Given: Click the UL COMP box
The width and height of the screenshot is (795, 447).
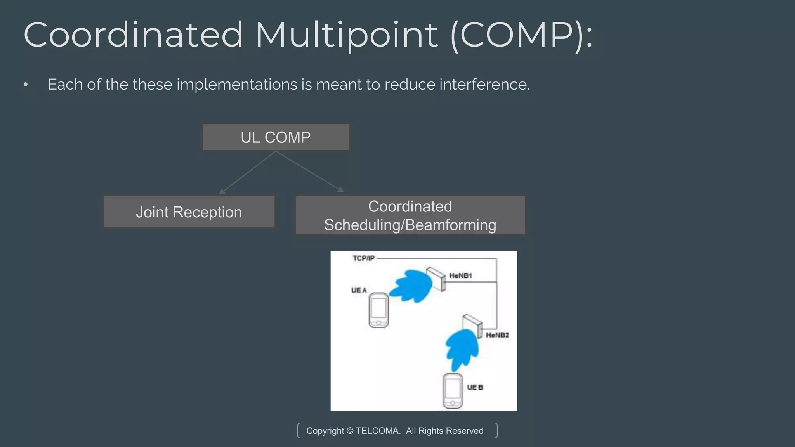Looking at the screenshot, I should click(276, 137).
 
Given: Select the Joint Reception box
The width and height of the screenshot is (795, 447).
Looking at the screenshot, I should click(189, 212).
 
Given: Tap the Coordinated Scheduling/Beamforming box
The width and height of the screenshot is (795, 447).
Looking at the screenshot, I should click(410, 215).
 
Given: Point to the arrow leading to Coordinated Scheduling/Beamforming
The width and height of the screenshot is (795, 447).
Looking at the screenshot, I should click(309, 171).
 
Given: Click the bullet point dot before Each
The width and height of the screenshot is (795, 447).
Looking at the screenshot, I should click(26, 85).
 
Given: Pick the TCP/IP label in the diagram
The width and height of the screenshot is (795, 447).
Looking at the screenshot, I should click(363, 258).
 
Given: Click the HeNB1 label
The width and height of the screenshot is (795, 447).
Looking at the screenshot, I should click(460, 276).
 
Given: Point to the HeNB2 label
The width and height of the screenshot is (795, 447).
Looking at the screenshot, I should click(497, 335).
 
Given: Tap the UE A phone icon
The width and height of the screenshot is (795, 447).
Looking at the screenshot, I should click(378, 310).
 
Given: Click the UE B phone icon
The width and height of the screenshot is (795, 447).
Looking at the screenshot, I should click(453, 391).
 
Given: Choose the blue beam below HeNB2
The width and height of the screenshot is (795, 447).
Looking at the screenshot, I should click(462, 349).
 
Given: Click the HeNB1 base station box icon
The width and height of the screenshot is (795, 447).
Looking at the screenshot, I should click(436, 278).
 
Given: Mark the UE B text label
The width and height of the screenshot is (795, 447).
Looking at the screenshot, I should click(475, 387).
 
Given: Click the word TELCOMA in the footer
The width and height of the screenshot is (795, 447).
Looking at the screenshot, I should click(378, 431).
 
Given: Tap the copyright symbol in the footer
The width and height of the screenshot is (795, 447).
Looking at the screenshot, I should click(350, 431).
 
